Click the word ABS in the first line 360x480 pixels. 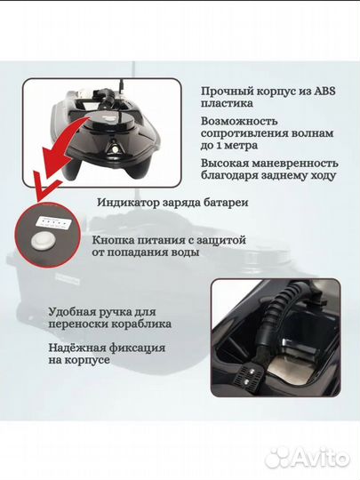[x=324, y=91]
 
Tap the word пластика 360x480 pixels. [x=227, y=103]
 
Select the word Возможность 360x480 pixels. [x=239, y=121]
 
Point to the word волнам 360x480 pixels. [x=312, y=133]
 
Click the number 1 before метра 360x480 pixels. [x=220, y=146]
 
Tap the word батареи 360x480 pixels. [x=225, y=203]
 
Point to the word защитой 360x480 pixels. [x=220, y=240]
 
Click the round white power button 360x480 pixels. [x=42, y=241]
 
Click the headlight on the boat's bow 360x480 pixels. [x=114, y=149]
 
